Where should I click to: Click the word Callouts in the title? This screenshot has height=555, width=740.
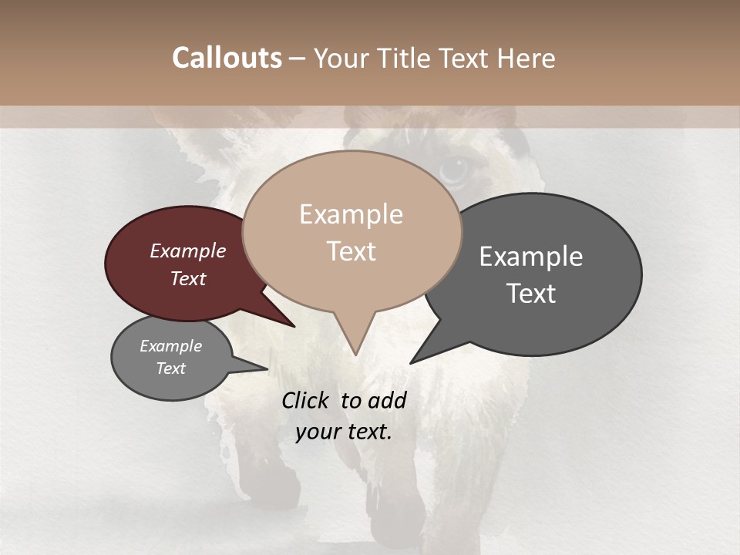click(x=227, y=59)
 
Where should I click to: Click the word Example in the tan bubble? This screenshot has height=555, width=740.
click(x=351, y=214)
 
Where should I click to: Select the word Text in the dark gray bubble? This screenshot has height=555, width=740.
click(x=531, y=294)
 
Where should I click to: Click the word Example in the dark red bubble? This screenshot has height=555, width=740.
click(x=188, y=251)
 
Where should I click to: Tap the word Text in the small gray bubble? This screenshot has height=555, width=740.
click(x=170, y=368)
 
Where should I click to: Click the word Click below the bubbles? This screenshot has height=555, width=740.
click(x=307, y=400)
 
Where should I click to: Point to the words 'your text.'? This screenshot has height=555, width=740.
click(x=344, y=432)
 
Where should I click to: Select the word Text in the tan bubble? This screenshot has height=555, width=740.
click(x=351, y=251)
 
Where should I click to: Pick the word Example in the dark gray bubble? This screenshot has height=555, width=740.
click(x=531, y=257)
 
